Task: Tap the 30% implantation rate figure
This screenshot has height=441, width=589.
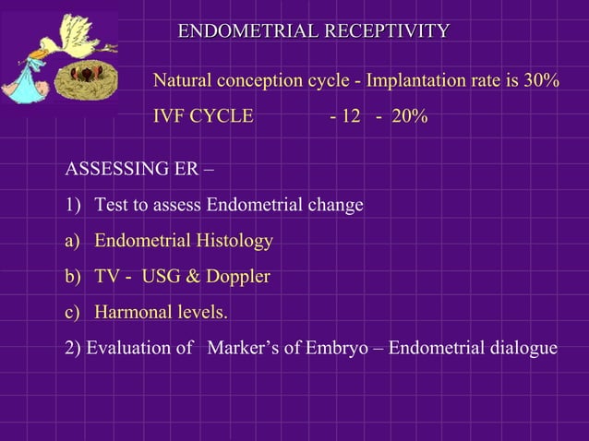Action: tap(541, 82)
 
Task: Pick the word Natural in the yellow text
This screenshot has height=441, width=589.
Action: tap(184, 82)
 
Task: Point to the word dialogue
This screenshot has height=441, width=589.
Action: tap(522, 349)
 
